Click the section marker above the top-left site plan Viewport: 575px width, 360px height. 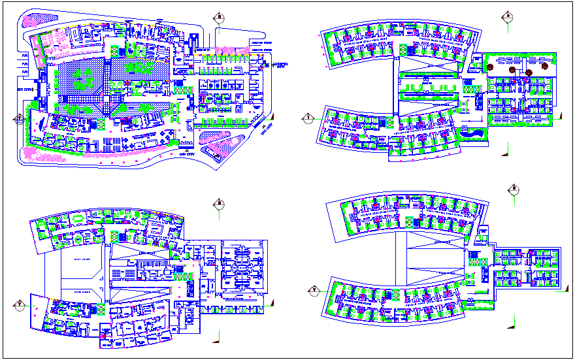pyautogui.click(x=220, y=18)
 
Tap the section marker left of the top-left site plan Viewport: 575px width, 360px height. pyautogui.click(x=20, y=119)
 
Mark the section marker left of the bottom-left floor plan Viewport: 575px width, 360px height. pyautogui.click(x=20, y=304)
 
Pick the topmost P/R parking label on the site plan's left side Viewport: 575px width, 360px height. pyautogui.click(x=24, y=54)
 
